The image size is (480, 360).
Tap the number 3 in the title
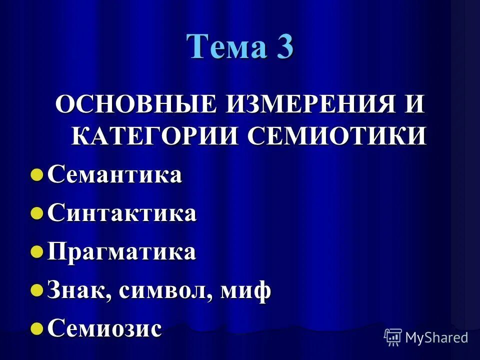point(282,47)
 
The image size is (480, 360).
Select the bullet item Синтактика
point(122,213)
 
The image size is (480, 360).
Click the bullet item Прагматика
point(121,251)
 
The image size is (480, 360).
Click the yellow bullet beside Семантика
point(36,175)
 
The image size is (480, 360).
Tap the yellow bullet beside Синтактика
point(36,214)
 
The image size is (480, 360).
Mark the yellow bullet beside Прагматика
point(36,252)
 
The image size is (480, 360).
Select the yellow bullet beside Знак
point(36,290)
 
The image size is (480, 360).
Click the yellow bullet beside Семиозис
point(36,328)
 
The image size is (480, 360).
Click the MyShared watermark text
point(436,337)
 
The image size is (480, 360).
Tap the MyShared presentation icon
point(393,337)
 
